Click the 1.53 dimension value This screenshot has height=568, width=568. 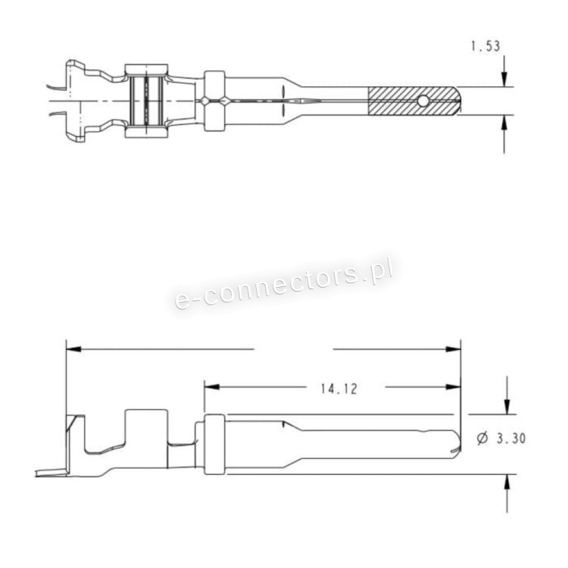[x=485, y=46]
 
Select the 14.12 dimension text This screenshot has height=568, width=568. [x=339, y=389]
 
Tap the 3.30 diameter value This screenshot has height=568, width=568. [x=510, y=438]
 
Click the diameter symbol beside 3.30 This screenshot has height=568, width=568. [x=482, y=438]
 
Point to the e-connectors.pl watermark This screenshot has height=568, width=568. [x=284, y=285]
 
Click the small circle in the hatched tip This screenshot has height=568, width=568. [x=423, y=101]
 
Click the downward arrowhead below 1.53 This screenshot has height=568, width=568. [x=504, y=80]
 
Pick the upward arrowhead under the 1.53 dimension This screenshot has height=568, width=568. [x=504, y=123]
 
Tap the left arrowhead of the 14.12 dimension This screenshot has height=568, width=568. [x=212, y=387]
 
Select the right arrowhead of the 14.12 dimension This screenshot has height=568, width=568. [x=453, y=387]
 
